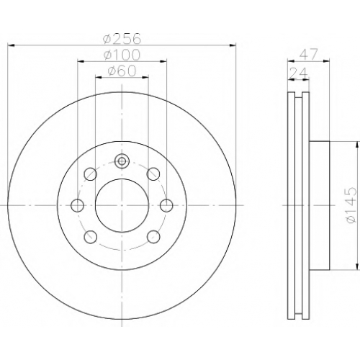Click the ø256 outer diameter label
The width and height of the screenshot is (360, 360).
pyautogui.click(x=122, y=38)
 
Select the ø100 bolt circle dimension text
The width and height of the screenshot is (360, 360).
pyautogui.click(x=122, y=55)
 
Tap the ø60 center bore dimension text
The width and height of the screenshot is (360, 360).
pyautogui.click(x=122, y=71)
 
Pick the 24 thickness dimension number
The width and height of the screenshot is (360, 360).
pyautogui.click(x=298, y=73)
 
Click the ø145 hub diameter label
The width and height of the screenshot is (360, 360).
pyautogui.click(x=350, y=205)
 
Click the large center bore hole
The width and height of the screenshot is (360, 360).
pyautogui.click(x=122, y=205)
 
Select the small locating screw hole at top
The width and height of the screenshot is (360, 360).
pyautogui.click(x=122, y=161)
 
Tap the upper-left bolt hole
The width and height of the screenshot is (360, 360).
pyautogui.click(x=91, y=174)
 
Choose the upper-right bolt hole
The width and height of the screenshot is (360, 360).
pyautogui.click(x=153, y=174)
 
